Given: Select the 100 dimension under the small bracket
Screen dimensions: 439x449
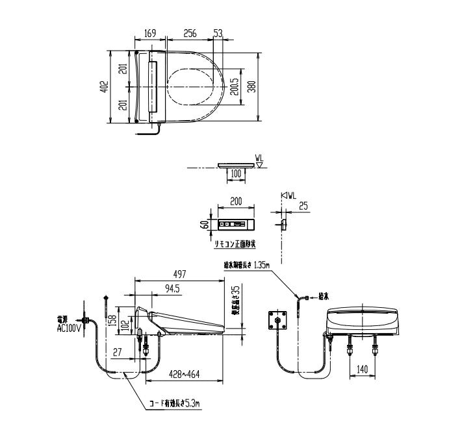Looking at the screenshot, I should coord(235,174).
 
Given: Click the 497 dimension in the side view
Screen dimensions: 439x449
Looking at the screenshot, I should coord(180,274).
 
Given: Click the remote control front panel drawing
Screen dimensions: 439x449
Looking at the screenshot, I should coord(237,225).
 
